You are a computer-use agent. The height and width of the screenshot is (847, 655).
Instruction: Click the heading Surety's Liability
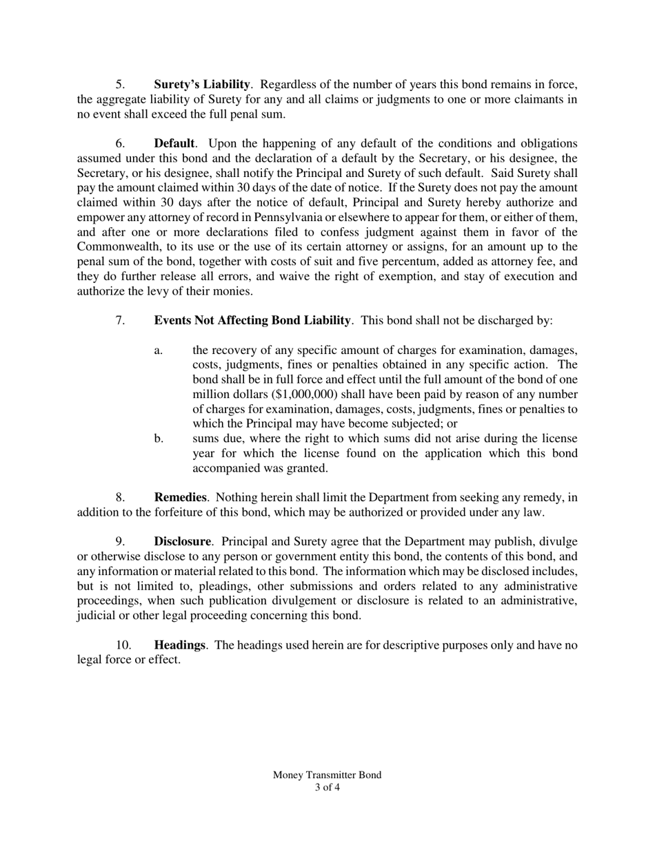201,84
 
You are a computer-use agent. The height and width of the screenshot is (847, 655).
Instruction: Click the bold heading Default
174,143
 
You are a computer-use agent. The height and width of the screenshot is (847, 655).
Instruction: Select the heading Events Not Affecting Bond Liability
252,320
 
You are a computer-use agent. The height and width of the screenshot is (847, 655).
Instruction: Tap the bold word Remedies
180,497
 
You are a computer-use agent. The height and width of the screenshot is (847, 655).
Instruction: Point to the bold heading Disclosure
182,542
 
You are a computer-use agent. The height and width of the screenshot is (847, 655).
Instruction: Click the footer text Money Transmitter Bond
327,775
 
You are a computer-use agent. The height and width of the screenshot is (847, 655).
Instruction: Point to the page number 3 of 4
327,787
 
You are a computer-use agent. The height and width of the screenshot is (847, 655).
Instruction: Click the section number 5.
120,84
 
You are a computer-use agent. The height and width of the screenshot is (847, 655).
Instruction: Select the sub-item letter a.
159,351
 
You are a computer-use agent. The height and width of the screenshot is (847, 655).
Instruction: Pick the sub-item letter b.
159,439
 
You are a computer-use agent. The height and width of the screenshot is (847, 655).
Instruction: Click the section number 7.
120,320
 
